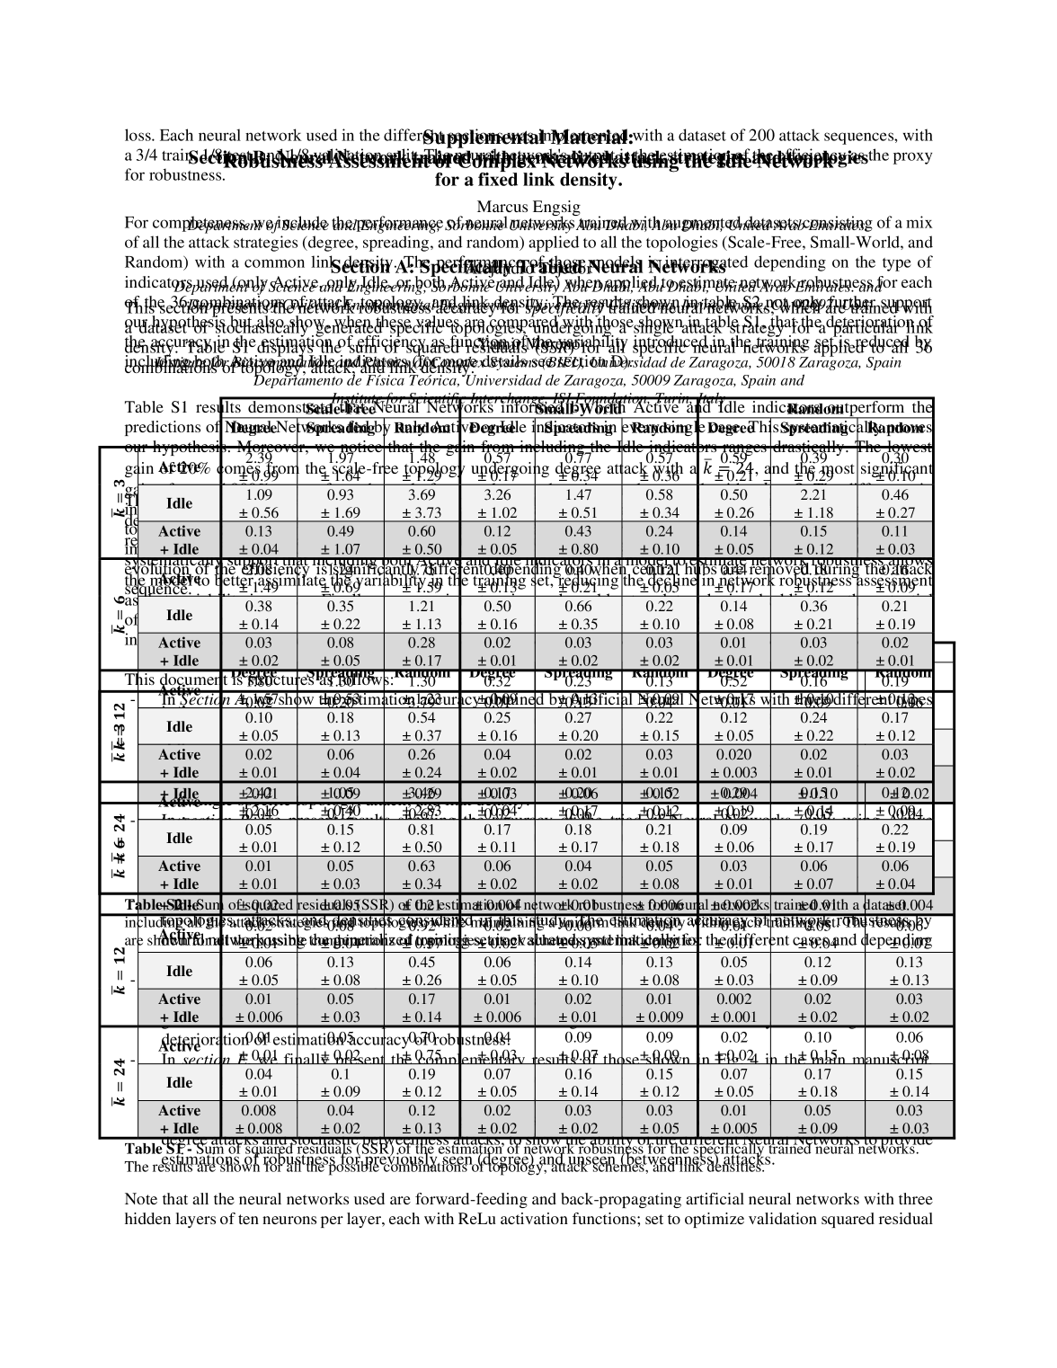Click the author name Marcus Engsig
pos(528,208)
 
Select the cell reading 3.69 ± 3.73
pos(422,503)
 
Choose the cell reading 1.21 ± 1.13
pos(422,615)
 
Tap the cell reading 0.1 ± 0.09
pos(341,1082)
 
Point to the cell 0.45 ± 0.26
pos(422,971)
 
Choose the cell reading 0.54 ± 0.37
pos(422,726)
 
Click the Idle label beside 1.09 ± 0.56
pos(179,503)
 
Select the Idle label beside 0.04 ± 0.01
pos(179,1082)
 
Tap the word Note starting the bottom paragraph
pos(140,1199)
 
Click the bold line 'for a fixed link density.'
pos(528,180)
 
